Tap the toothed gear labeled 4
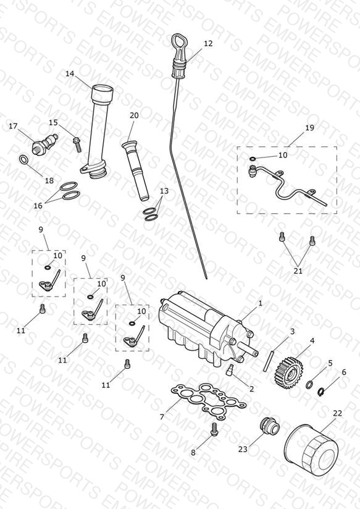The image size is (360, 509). [289, 372]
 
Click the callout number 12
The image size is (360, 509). [208, 43]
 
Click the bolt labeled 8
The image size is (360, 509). [214, 429]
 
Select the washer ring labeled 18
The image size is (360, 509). [23, 159]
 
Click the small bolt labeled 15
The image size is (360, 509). [77, 145]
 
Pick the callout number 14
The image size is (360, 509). [70, 74]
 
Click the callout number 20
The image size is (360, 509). [134, 116]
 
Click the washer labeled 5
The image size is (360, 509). [310, 385]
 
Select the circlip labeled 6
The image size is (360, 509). [320, 392]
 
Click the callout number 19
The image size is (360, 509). [310, 128]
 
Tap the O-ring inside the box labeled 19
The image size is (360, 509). [252, 159]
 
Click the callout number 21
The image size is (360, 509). [298, 271]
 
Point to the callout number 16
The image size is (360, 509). [38, 206]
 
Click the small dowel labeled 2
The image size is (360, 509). [230, 369]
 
